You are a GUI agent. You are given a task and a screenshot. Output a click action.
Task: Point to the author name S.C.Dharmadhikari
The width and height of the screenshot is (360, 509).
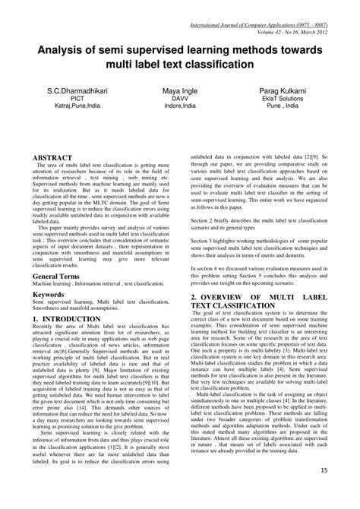click(76, 112)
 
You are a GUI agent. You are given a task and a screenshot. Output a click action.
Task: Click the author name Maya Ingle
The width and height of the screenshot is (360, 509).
click(179, 112)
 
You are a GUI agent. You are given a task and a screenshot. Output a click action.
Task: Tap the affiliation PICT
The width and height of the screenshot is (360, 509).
click(76, 119)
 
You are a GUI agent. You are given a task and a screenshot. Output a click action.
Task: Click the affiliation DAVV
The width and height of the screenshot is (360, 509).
click(179, 119)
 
